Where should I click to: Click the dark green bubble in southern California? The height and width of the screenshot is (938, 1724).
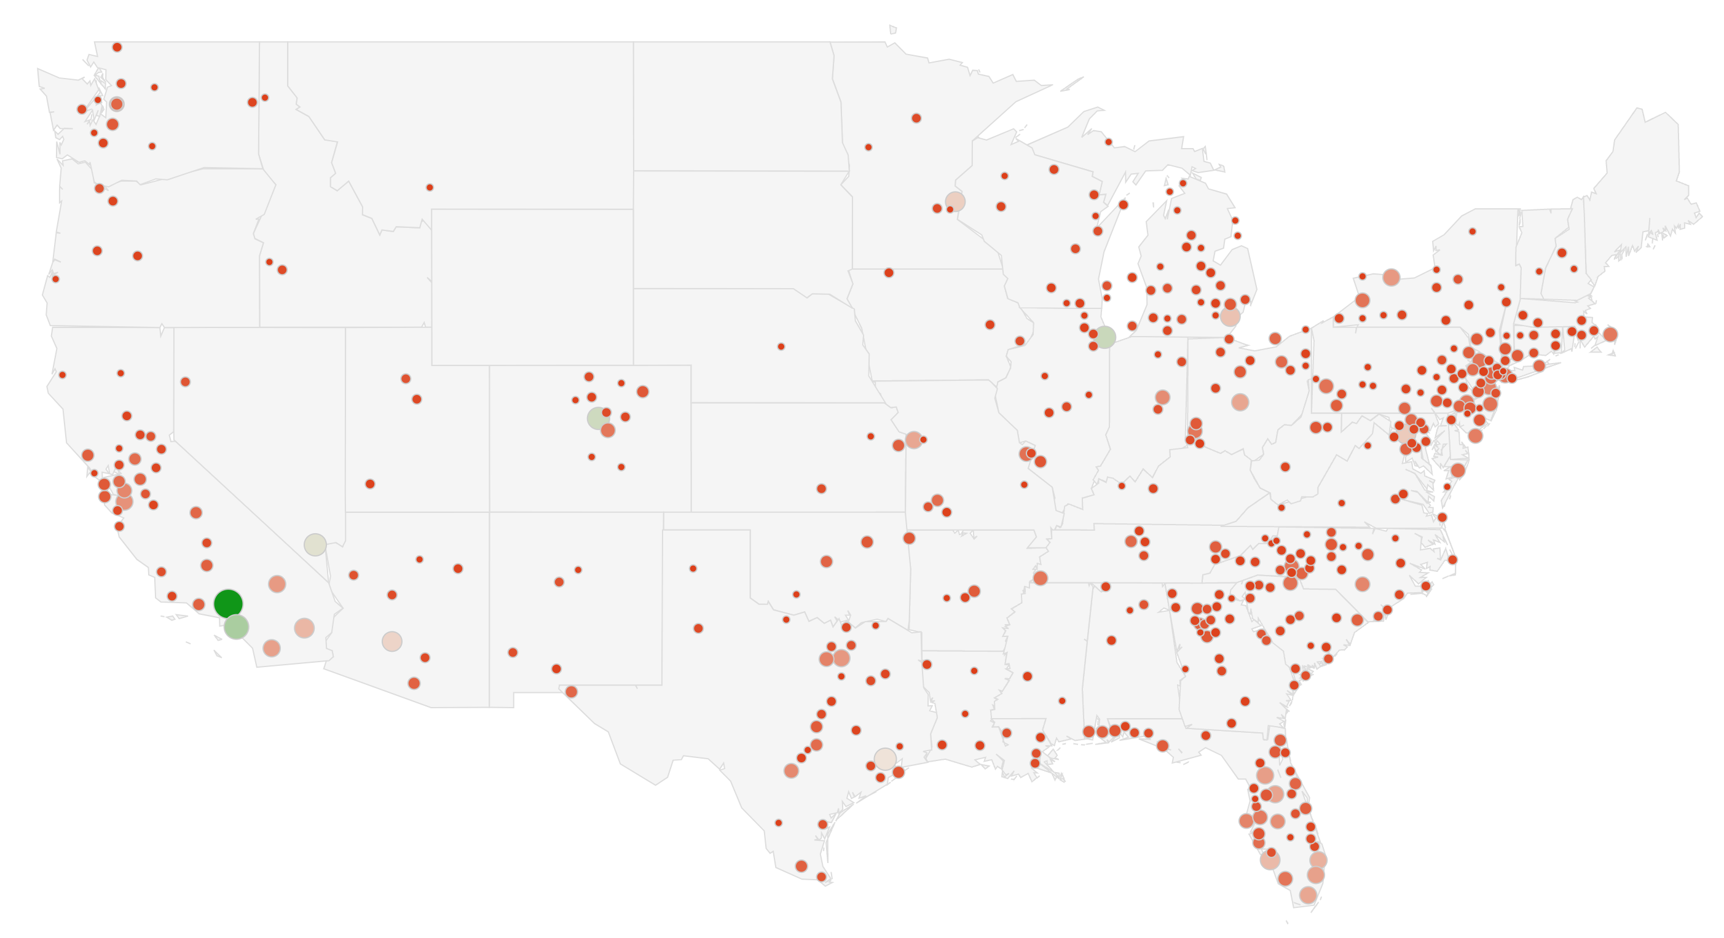228,603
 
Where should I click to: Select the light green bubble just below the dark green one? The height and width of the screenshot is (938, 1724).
236,627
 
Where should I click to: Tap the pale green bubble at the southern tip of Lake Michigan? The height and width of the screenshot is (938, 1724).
1105,337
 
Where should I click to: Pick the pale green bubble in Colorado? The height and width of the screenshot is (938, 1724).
597,418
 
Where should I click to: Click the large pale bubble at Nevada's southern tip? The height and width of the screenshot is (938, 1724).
315,545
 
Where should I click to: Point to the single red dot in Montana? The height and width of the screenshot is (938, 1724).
430,187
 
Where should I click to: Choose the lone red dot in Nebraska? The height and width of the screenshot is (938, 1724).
781,346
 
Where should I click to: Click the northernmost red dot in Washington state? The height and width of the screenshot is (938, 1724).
117,47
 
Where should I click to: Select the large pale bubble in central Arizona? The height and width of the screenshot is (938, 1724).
392,641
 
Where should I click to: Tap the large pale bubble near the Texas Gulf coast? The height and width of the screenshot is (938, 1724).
886,759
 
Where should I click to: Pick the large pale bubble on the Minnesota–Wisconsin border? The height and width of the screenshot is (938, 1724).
955,201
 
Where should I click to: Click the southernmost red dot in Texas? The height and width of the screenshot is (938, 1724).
821,877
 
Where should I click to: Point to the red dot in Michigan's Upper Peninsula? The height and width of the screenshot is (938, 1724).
1108,142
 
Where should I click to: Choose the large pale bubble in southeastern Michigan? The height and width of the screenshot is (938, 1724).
1230,316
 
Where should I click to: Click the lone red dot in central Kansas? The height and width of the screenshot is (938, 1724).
821,488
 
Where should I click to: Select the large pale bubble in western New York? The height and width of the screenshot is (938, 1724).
1391,277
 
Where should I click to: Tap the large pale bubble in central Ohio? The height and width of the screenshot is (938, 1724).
1240,402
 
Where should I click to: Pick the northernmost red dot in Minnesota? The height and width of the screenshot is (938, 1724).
916,119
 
